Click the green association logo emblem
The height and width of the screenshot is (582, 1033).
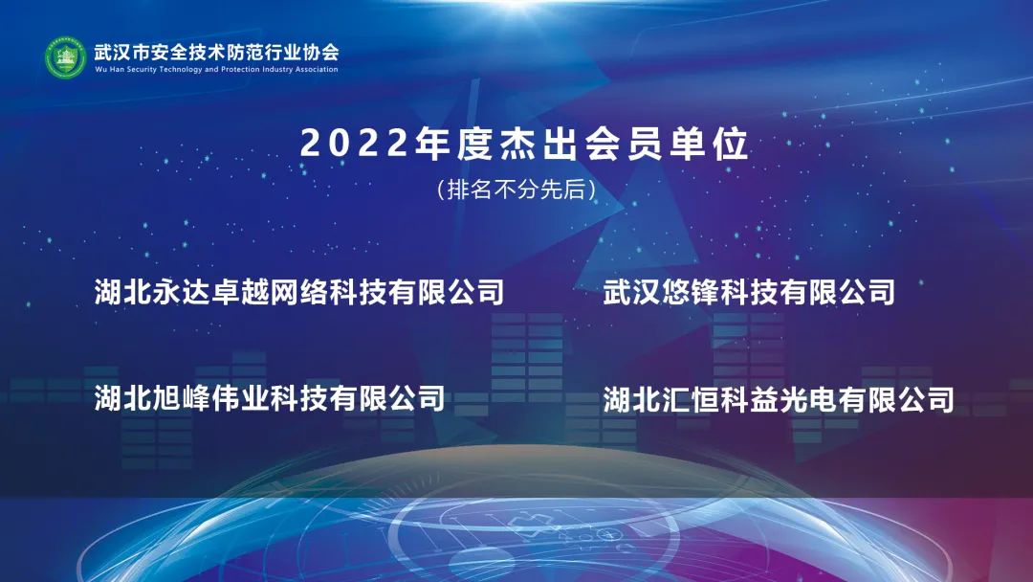pyautogui.click(x=65, y=58)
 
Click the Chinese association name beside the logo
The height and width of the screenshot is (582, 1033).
pyautogui.click(x=216, y=51)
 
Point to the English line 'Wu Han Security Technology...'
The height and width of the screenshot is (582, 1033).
pyautogui.click(x=216, y=69)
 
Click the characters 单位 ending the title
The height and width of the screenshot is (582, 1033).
pyautogui.click(x=710, y=144)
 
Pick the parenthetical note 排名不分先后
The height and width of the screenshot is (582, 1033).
pyautogui.click(x=516, y=190)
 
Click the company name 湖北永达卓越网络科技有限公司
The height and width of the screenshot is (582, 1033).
pyautogui.click(x=299, y=292)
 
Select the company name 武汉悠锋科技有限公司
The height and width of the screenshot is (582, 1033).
pyautogui.click(x=749, y=292)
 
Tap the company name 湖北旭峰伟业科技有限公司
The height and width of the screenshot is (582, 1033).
pyautogui.click(x=270, y=398)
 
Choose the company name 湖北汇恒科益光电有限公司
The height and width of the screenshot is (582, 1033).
pyautogui.click(x=779, y=399)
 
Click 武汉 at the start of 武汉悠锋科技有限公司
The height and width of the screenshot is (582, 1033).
pyautogui.click(x=632, y=292)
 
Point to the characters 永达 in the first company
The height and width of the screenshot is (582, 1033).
pyautogui.click(x=182, y=292)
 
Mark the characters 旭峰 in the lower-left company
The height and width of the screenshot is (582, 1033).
pyautogui.click(x=182, y=398)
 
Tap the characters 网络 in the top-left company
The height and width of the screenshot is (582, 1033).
pyautogui.click(x=299, y=292)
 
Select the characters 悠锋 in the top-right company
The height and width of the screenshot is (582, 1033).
pyautogui.click(x=691, y=292)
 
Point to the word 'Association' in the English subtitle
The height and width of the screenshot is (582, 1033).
pyautogui.click(x=317, y=69)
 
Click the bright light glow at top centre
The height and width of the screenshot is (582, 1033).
pyautogui.click(x=516, y=6)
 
